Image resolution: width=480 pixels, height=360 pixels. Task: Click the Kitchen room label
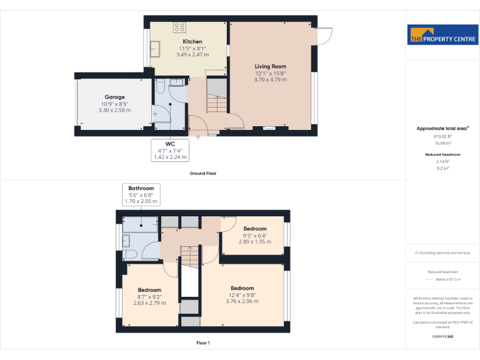coord(192,41)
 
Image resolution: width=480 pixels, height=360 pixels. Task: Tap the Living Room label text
coord(270,66)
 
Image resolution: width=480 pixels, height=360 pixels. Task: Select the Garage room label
coord(114,97)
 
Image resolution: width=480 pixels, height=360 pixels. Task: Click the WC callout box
coord(169,150)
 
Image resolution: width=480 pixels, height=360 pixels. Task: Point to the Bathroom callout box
coord(141,194)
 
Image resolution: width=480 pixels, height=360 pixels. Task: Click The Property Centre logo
coord(442,36)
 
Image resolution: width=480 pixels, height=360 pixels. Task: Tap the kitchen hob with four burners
coord(179,27)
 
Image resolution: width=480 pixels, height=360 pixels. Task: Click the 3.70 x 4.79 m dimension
coord(270,79)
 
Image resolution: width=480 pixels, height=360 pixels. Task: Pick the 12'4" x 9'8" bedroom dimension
coord(242,295)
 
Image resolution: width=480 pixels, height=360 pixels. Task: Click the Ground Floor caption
coord(203,173)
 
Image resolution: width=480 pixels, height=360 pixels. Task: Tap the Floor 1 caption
coord(203,343)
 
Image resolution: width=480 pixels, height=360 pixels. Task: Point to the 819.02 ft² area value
coord(442,136)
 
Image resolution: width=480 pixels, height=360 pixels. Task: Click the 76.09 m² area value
coord(442,143)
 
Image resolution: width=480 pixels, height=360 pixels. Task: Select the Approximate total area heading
coord(442,128)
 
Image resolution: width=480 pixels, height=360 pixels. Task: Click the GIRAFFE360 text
coord(442,336)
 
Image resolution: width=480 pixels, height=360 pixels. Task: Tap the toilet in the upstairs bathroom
coord(133,254)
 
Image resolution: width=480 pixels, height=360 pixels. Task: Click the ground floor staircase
coord(216,97)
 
